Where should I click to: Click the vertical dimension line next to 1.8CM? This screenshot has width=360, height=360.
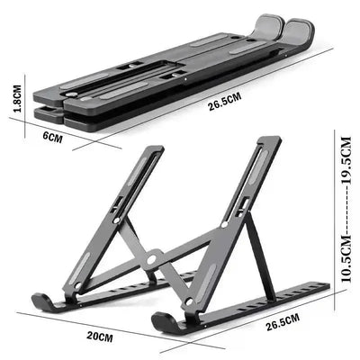coord(22,100)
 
